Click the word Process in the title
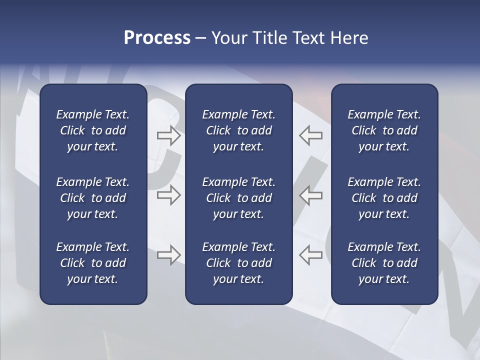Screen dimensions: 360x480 pyautogui.click(x=157, y=38)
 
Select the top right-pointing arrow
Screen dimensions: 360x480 pyautogui.click(x=168, y=135)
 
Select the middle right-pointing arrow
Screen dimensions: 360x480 pyautogui.click(x=168, y=195)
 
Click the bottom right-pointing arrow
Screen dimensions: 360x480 pyautogui.click(x=168, y=255)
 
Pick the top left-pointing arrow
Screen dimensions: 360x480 pyautogui.click(x=310, y=135)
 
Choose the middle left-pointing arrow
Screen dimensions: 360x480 pyautogui.click(x=310, y=195)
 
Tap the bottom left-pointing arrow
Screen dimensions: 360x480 pyautogui.click(x=310, y=255)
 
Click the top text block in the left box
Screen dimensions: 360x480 pyautogui.click(x=93, y=130)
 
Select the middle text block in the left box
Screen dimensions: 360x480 pyautogui.click(x=93, y=198)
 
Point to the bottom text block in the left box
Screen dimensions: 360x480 pyautogui.click(x=93, y=263)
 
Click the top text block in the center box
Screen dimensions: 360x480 pyautogui.click(x=239, y=130)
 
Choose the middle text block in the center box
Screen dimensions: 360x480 pyautogui.click(x=239, y=198)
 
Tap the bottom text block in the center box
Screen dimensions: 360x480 pyautogui.click(x=239, y=263)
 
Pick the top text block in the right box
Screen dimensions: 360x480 pyautogui.click(x=384, y=130)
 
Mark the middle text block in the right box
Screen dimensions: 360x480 pyautogui.click(x=384, y=198)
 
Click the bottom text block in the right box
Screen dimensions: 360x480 pyautogui.click(x=384, y=263)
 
